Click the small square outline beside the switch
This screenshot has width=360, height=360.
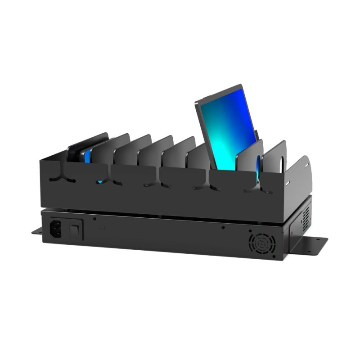pyautogui.click(x=103, y=228)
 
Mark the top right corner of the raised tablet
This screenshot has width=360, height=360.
pyautogui.click(x=242, y=85)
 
